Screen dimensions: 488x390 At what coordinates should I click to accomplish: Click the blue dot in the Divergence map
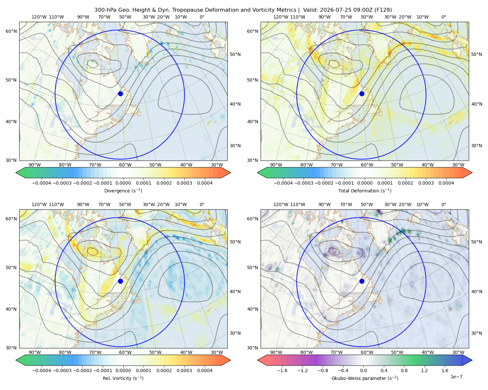120,94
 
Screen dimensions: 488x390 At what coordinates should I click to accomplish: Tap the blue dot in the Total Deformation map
362,94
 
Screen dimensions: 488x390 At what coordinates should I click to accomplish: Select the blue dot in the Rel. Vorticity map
120,281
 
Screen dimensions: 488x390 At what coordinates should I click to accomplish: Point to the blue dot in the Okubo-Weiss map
362,281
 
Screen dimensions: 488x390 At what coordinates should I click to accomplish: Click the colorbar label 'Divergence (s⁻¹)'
123,190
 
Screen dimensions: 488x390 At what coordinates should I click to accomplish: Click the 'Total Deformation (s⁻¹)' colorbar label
365,190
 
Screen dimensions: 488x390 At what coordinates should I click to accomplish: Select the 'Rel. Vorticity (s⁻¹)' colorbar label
123,378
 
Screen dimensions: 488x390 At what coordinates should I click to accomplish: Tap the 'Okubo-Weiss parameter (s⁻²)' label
365,378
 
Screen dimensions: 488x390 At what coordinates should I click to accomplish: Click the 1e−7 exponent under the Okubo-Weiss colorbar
456,377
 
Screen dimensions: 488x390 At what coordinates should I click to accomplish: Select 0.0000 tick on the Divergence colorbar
123,183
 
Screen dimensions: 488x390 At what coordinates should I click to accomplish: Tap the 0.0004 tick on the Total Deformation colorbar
446,183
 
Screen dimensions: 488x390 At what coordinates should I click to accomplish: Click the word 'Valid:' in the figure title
311,10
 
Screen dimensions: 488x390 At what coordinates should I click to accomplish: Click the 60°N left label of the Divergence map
11,31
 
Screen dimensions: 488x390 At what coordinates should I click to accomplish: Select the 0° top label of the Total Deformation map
443,17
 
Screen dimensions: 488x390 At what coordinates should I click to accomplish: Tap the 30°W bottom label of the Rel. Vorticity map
217,352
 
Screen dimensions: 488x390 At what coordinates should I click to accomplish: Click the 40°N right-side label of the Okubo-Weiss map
477,292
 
